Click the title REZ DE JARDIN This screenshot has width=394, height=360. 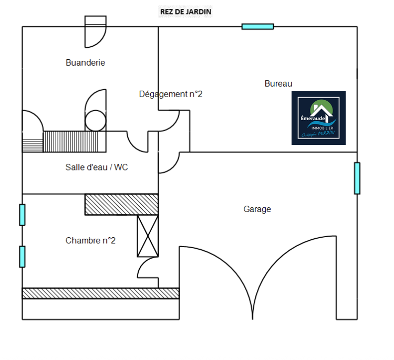point(185,12)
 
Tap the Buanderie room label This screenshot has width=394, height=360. point(85,62)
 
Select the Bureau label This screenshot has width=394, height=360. point(278,83)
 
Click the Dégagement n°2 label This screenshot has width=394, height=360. point(171,94)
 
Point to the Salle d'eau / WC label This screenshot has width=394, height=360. point(97,167)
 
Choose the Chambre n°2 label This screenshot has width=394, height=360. point(90,240)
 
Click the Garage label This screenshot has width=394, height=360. point(257,209)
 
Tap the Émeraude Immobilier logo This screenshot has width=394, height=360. point(318,118)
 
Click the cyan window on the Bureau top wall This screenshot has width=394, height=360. point(257,26)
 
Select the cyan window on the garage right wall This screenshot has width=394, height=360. point(357,178)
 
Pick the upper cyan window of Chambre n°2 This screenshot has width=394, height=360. point(22,215)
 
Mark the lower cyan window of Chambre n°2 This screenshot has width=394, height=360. point(22,257)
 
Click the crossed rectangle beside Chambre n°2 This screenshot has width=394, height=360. point(148,236)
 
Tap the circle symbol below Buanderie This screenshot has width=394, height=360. point(96,121)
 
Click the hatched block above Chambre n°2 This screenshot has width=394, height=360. point(122,204)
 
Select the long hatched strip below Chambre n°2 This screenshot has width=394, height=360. point(101,293)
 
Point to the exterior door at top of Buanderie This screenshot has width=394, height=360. point(96,31)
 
